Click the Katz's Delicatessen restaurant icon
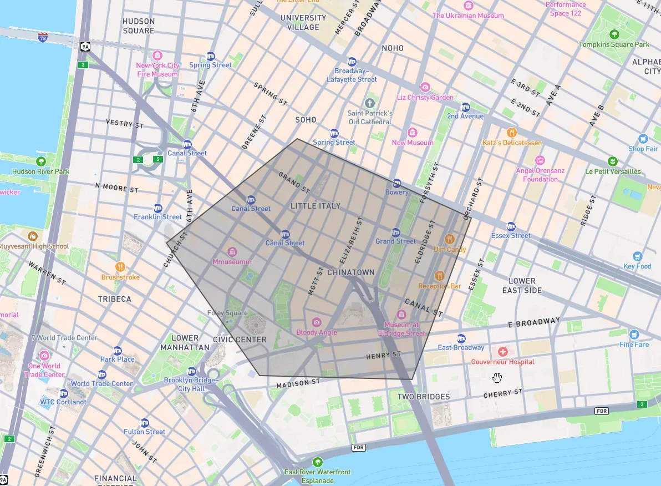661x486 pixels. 512,133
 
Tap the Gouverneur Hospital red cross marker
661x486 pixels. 502,352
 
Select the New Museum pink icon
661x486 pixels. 412,133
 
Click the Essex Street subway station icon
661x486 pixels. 511,226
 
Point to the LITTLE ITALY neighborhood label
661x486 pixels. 315,206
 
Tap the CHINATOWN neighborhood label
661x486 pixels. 351,273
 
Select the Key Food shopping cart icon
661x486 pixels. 637,256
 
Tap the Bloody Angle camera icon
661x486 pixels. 316,322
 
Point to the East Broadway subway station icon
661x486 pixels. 461,338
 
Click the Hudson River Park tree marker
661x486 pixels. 40,161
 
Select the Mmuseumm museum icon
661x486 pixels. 232,252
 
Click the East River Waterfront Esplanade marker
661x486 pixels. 317,462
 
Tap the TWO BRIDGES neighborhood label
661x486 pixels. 424,397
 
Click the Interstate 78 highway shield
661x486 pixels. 43,37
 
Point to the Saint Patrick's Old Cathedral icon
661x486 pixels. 370,103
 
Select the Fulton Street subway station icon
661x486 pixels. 145,422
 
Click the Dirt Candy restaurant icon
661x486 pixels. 450,239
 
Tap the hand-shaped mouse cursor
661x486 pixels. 497,378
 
